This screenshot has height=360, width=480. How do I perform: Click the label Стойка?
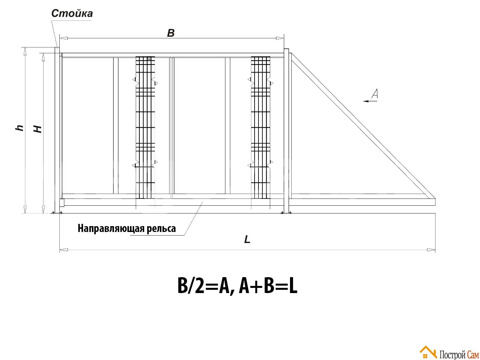coord(72,13)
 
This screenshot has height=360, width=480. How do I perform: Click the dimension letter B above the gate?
coord(171,33)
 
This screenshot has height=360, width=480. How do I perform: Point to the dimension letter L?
coord(247,239)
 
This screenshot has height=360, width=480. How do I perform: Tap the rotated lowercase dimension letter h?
coord(19,128)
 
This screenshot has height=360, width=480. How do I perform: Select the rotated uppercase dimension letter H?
coord(37,129)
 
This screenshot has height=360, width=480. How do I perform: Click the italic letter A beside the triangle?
coord(374,94)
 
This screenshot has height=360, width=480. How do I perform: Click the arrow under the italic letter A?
coord(370,101)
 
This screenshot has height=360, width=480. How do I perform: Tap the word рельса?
coord(161,229)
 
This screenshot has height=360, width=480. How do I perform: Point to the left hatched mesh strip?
coord(145,127)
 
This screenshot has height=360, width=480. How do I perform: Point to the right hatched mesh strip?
coord(260,127)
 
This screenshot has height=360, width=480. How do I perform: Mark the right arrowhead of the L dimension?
coord(431,250)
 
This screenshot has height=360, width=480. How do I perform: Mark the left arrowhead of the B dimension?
coord(64,38)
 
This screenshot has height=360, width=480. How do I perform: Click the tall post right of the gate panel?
coord(286,131)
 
